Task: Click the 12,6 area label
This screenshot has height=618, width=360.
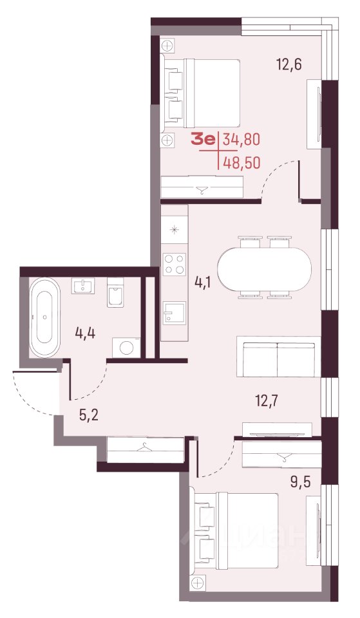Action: [289, 64]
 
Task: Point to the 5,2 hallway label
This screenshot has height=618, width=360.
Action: [89, 415]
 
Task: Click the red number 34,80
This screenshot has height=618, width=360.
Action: [242, 140]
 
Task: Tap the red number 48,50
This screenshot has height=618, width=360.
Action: [242, 162]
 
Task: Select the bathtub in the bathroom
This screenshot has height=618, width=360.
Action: [45, 317]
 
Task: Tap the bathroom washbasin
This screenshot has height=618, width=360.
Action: [82, 285]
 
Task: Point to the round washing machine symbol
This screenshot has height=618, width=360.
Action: [126, 348]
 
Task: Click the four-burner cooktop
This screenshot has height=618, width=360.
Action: [175, 265]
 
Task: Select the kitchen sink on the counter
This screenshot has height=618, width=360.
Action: [174, 313]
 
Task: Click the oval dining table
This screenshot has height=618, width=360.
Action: [264, 267]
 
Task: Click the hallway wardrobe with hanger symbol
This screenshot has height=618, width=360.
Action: [145, 449]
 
